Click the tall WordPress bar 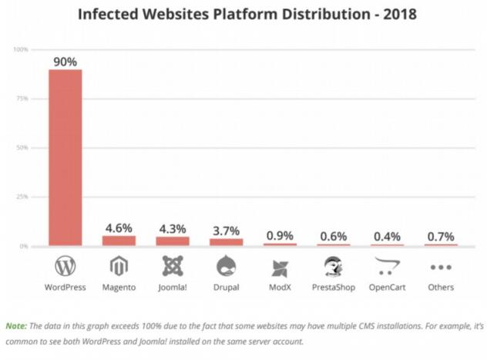(65, 157)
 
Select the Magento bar (119, 241)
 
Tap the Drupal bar (227, 242)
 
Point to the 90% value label (65, 61)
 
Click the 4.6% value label (119, 227)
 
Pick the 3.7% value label (227, 230)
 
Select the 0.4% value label (388, 236)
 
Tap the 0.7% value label (441, 235)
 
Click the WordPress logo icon (65, 267)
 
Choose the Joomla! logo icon (173, 267)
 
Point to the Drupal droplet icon (227, 267)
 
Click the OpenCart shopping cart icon (388, 267)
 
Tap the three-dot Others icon (441, 267)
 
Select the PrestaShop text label (334, 288)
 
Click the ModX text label (280, 288)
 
